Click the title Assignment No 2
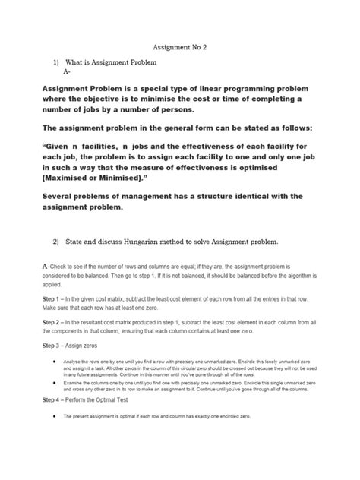point(180,46)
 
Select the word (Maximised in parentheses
point(72,175)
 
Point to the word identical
point(254,196)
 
